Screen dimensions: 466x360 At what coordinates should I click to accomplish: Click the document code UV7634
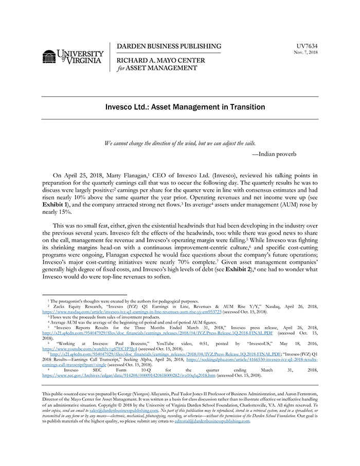[x=308, y=46]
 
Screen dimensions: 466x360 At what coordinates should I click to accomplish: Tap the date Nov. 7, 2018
[x=306, y=52]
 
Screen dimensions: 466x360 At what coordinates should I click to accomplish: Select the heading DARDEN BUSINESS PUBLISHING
[x=169, y=46]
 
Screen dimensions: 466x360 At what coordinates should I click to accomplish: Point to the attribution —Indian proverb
[x=274, y=154]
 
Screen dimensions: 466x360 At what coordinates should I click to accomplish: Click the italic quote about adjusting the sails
[x=179, y=143]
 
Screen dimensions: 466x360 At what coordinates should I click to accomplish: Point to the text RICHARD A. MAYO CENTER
[x=161, y=61]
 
